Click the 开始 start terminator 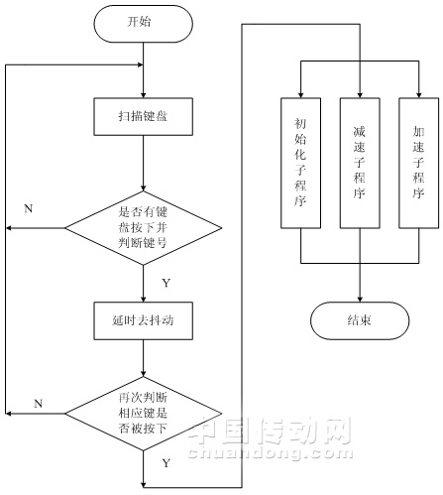tap(143, 24)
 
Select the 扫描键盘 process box tap(143, 116)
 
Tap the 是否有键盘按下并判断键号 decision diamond tap(143, 228)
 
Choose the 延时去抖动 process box tap(143, 320)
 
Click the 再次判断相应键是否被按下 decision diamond tap(143, 414)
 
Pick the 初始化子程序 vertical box tap(300, 163)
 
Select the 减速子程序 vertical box tap(360, 163)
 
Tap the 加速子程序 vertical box tap(419, 163)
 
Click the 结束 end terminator tap(360, 320)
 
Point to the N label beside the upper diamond tap(29, 208)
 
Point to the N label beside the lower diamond tap(39, 404)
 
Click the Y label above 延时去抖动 tap(166, 283)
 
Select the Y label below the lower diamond tap(166, 463)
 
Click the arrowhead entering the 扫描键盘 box tap(143, 94)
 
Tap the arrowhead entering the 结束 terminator tap(360, 299)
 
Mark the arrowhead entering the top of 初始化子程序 tap(300, 94)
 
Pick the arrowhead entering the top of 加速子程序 tap(419, 94)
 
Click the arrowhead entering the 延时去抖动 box tap(143, 299)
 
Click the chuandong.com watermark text tap(271, 452)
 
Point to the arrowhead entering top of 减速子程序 tap(360, 94)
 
